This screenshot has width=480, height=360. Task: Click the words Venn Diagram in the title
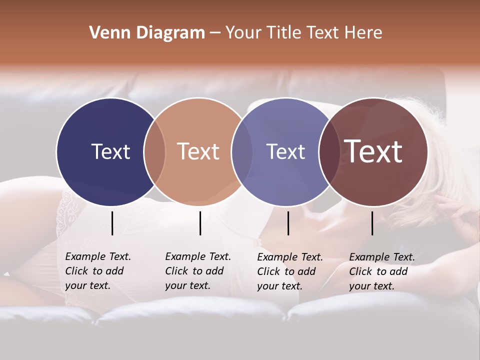[147, 33]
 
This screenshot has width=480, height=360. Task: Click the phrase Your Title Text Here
[303, 33]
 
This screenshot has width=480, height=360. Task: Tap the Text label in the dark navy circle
[110, 151]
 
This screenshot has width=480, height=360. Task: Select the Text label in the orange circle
[198, 151]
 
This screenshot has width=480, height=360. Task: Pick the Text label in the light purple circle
[285, 151]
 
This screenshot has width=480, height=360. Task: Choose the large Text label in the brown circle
[373, 151]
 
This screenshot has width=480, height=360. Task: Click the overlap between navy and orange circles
[154, 152]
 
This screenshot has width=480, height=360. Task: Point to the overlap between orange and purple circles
[242, 152]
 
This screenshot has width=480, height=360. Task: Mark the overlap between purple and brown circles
[329, 152]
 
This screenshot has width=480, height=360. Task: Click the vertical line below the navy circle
[112, 223]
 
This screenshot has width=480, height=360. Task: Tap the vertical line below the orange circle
[200, 223]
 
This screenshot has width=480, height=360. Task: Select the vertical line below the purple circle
[288, 223]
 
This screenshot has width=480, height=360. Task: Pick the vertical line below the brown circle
[372, 223]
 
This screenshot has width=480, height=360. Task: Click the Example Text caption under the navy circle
[98, 256]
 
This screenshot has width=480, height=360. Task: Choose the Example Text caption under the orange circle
[198, 256]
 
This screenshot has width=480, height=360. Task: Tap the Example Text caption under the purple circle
[290, 257]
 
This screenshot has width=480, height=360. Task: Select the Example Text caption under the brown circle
[382, 257]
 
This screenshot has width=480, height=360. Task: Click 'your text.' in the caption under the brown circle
[371, 286]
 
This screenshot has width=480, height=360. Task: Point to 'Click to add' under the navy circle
[94, 271]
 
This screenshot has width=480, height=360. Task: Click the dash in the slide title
[215, 33]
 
